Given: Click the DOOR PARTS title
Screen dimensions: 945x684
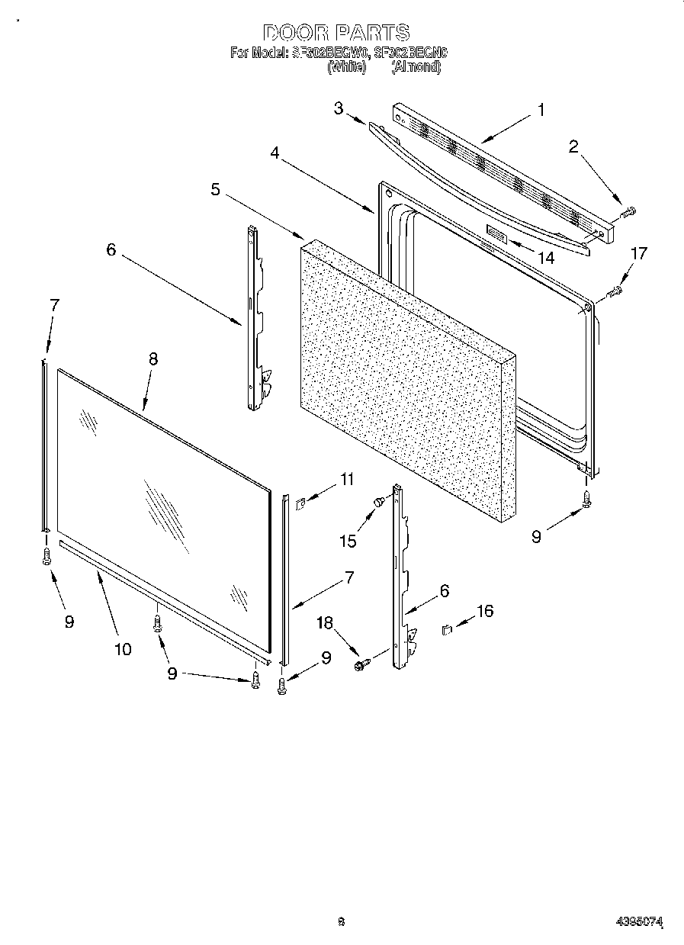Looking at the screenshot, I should click(336, 33).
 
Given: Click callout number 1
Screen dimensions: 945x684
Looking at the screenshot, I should click(541, 110).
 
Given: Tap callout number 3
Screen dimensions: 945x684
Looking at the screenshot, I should click(339, 108).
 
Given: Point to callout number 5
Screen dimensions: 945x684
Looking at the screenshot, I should click(217, 189).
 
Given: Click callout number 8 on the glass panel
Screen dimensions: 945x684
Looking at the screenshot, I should click(153, 360).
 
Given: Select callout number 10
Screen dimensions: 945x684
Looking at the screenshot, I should click(123, 649).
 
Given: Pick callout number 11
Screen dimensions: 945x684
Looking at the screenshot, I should click(347, 480).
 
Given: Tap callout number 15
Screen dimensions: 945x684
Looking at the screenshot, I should click(347, 541).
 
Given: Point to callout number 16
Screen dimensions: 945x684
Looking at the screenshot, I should click(485, 610).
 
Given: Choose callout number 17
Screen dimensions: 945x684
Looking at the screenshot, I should click(639, 253).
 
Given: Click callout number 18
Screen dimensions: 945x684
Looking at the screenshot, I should click(326, 623).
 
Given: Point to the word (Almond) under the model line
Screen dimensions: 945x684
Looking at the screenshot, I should click(416, 66).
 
